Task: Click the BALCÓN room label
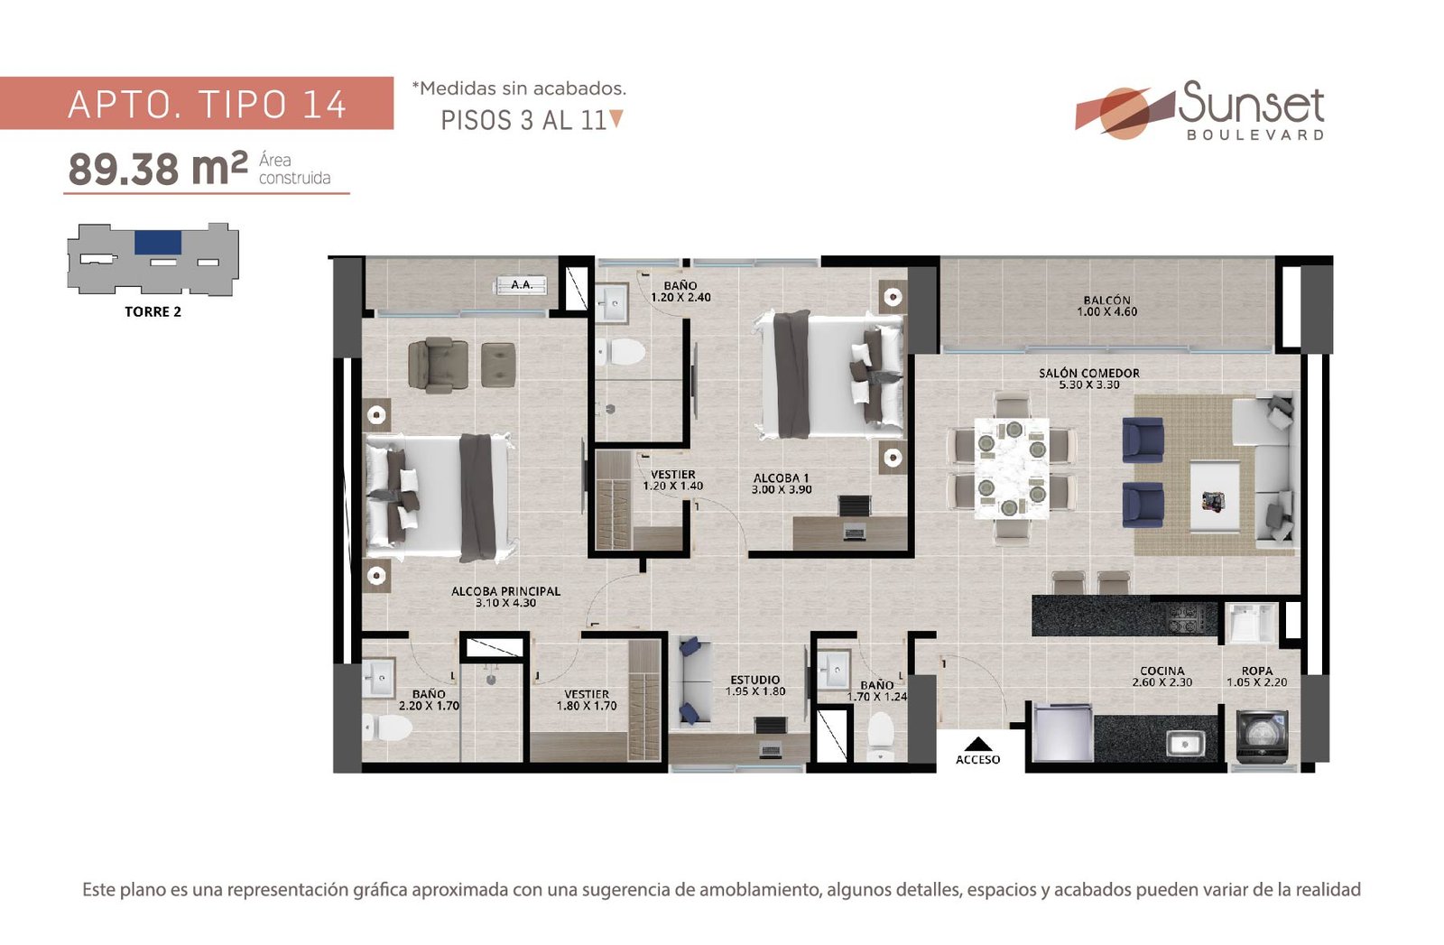pyautogui.click(x=1106, y=301)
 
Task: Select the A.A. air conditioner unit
pyautogui.click(x=522, y=285)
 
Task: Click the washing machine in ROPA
pyautogui.click(x=1263, y=734)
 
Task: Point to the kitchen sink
pyautogui.click(x=1185, y=745)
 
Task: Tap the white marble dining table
pyautogui.click(x=1011, y=468)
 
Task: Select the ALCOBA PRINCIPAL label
pyautogui.click(x=505, y=591)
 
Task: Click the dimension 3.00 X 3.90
pyautogui.click(x=782, y=490)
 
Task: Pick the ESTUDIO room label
pyautogui.click(x=754, y=680)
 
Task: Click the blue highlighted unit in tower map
pyautogui.click(x=158, y=243)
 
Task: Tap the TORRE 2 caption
pyautogui.click(x=153, y=312)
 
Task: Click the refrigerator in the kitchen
pyautogui.click(x=1061, y=734)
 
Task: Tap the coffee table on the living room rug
pyautogui.click(x=1215, y=496)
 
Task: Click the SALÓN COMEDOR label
pyautogui.click(x=1088, y=374)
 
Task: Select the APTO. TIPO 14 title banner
pyautogui.click(x=197, y=103)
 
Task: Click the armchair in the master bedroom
pyautogui.click(x=439, y=365)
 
